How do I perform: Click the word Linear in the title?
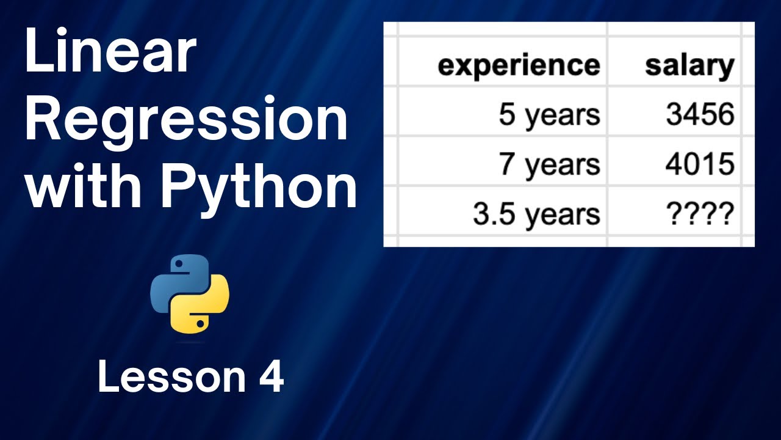pos(110,53)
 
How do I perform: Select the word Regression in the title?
pos(186,122)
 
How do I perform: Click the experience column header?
pos(519,65)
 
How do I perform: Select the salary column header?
pos(689,65)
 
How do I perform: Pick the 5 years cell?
pos(549,115)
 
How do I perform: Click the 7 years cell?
pos(549,164)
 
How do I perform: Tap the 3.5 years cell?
pos(536,215)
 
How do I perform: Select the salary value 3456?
pos(699,115)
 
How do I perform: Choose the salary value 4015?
pos(699,164)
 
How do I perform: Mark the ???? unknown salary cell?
pos(699,215)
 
